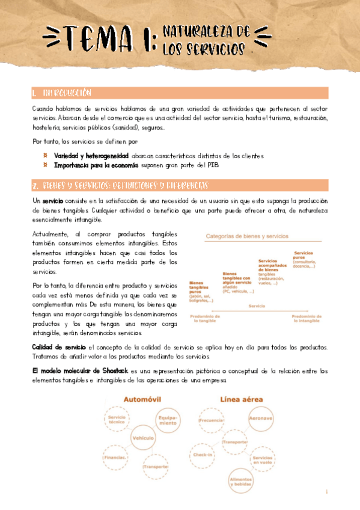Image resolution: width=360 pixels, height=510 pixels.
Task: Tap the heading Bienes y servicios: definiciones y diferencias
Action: tap(120, 185)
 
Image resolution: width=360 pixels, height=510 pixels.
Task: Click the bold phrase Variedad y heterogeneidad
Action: tap(86, 156)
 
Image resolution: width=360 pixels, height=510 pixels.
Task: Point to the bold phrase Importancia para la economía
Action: tap(96, 165)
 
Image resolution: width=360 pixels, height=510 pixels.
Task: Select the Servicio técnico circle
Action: tap(117, 420)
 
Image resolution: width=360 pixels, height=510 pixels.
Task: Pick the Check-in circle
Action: tap(204, 455)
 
